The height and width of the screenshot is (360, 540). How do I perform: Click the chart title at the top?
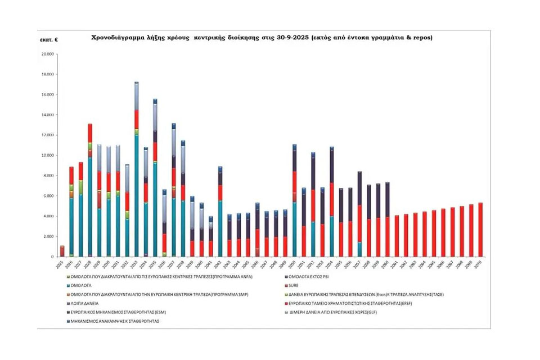click(262, 38)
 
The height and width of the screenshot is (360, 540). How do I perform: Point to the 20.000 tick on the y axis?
click(47, 54)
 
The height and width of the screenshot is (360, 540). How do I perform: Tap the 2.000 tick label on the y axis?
click(48, 236)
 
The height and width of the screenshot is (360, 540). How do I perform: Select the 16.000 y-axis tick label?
click(47, 94)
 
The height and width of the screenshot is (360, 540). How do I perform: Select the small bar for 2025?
click(62, 251)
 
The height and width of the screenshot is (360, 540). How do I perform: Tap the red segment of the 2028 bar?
click(90, 133)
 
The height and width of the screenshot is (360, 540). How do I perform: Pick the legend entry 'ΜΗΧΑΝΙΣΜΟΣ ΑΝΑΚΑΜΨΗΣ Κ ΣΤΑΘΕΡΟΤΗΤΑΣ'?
click(114, 321)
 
